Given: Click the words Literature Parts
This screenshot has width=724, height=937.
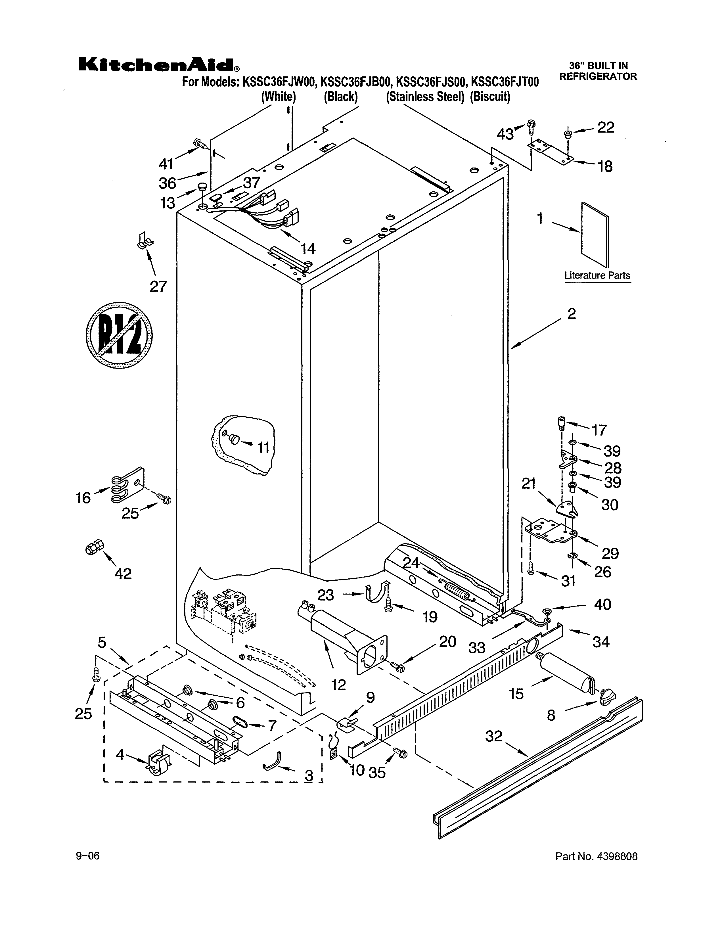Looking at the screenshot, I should pyautogui.click(x=597, y=275).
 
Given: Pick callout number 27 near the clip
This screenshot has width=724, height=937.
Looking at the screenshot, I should pyautogui.click(x=158, y=286).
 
